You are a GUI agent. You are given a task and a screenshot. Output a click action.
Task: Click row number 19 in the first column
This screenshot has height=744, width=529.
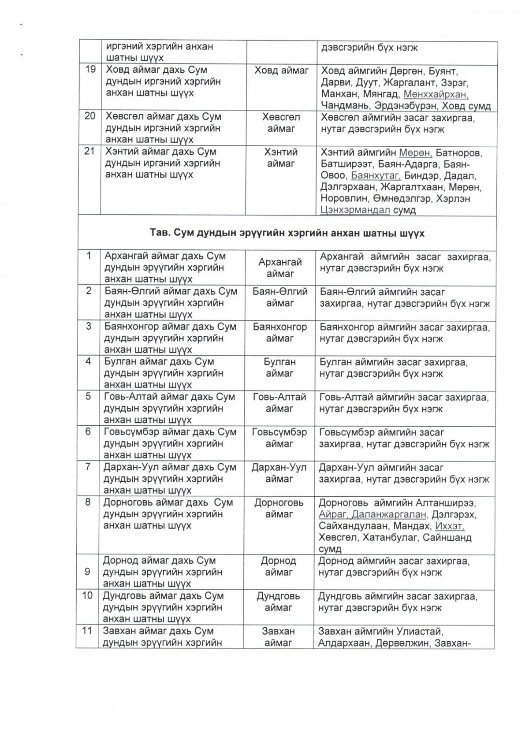coord(90,70)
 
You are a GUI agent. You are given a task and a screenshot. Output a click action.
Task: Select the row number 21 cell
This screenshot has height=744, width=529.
coord(90,152)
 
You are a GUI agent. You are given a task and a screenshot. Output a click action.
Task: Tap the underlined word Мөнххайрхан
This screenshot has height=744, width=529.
coord(436,94)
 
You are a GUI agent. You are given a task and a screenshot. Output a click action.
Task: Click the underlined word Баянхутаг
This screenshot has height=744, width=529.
coord(376,175)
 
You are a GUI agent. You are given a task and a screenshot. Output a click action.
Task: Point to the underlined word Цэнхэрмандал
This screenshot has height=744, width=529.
coord(355,210)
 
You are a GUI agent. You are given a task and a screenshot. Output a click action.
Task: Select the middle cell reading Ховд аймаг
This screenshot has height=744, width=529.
coord(282,70)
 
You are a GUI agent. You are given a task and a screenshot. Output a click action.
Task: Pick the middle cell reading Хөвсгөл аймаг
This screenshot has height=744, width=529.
coord(281,123)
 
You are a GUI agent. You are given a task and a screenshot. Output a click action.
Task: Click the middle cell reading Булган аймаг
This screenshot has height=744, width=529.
coord(279,368)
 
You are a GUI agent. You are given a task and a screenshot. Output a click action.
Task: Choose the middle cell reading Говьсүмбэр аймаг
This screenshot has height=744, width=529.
coord(279,438)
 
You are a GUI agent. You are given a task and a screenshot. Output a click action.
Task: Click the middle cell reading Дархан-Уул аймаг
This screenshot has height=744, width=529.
coord(279,473)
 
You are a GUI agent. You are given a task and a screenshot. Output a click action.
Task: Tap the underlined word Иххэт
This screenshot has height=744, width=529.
coord(450,526)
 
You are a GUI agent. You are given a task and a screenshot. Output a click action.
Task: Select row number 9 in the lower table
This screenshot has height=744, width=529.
coord(87,572)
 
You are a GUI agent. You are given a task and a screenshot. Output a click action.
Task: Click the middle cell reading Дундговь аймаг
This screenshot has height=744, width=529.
coord(278,602)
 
